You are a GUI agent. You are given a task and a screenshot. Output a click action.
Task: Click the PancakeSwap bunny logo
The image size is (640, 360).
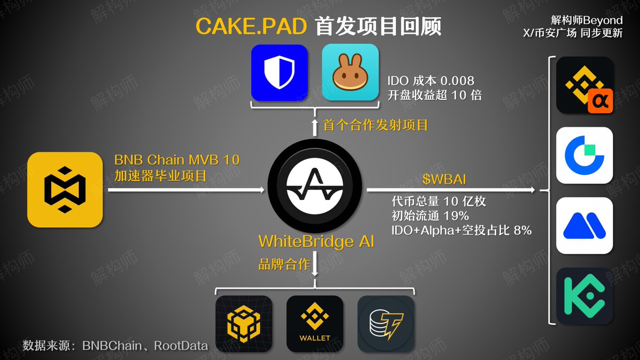coord(350,73)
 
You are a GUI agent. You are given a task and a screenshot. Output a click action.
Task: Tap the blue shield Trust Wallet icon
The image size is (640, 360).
coord(279,73)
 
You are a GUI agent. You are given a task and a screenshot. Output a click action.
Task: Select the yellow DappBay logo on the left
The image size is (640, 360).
coord(65,190)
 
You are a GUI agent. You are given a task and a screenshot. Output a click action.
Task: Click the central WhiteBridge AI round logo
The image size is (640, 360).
coord(314,189)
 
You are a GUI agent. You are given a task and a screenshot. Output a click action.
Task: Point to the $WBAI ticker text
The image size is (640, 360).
coord(439,177)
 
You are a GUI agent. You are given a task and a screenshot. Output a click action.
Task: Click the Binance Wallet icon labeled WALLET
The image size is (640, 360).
coord(315,324)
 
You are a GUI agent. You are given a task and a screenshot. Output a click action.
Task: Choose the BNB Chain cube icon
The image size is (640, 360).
coord(244,324)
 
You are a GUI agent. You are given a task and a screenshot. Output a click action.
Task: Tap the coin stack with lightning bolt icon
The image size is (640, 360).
coord(386,324)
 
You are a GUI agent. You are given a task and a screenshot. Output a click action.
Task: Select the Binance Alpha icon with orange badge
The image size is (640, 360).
coord(585,85)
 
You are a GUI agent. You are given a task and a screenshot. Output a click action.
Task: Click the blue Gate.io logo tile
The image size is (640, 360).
coord(585,155)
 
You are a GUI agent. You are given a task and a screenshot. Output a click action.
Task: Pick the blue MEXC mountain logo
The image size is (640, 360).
coord(585,226)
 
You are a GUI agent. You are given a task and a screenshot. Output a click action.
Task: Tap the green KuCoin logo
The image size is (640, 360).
coord(585,296)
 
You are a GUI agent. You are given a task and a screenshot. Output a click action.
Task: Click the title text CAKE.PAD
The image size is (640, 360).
coord(251,27)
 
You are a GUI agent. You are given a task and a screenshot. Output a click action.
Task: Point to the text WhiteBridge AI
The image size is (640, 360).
coord(316,242)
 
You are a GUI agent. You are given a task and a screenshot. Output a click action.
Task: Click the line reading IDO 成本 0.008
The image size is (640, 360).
coord(430,81)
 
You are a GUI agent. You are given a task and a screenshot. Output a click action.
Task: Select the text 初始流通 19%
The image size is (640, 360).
coord(430,216)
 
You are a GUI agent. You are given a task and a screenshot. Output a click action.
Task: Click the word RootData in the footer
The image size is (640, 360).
coord(181,346)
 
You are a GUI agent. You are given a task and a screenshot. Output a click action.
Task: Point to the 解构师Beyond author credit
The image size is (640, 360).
coord(587,20)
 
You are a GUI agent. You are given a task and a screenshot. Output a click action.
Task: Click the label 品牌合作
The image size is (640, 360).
coord(284,264)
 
